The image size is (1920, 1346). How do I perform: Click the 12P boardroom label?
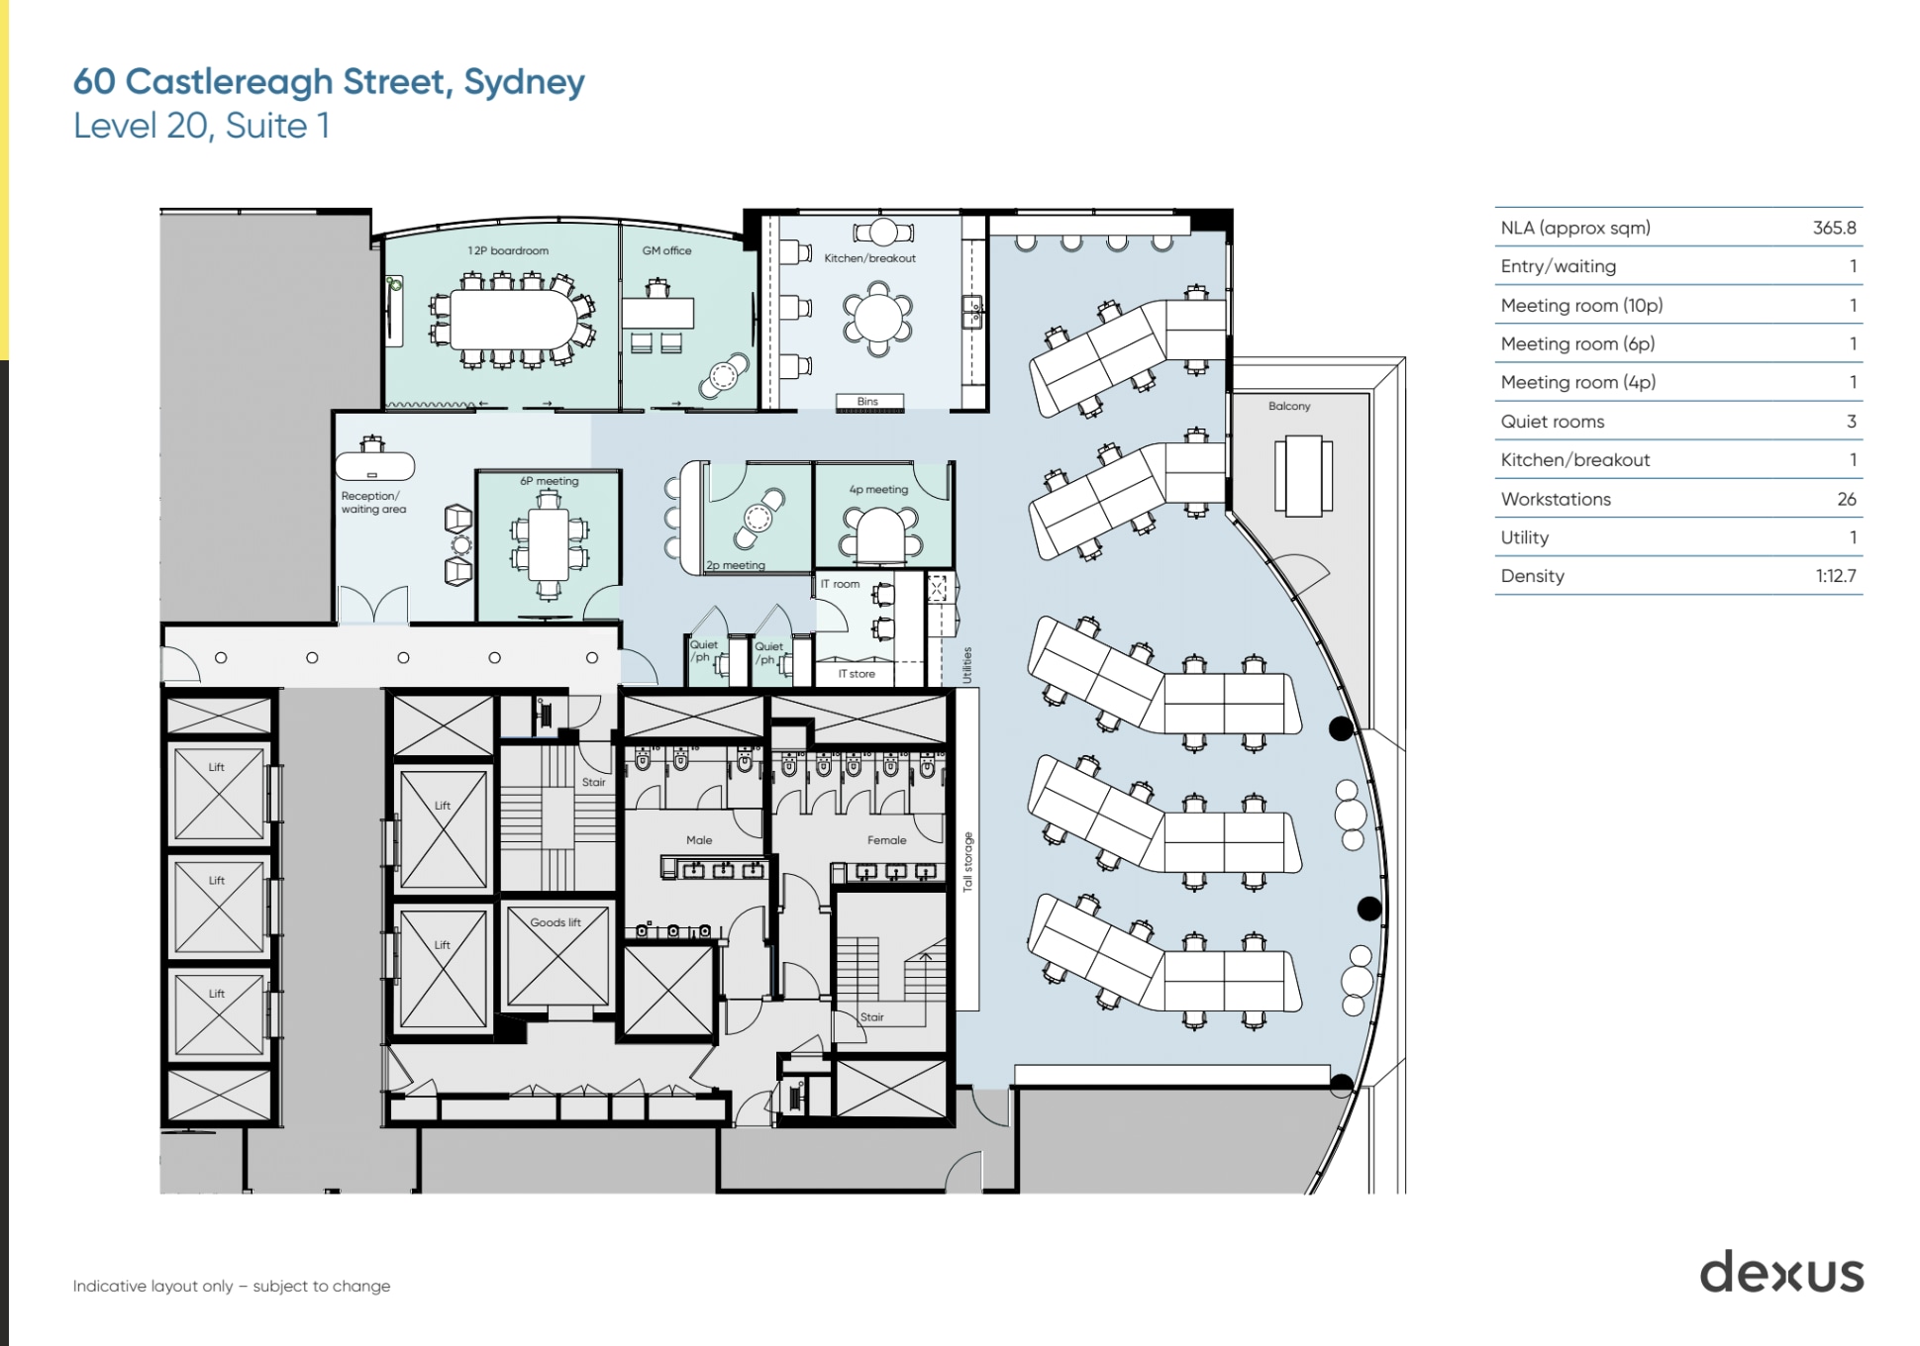pyautogui.click(x=507, y=250)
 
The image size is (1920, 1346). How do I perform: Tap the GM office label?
pyautogui.click(x=666, y=250)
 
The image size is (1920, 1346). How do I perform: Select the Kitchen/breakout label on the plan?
pyautogui.click(x=869, y=258)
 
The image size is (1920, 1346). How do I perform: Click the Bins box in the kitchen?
pyautogui.click(x=867, y=402)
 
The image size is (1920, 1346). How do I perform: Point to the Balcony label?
pyautogui.click(x=1288, y=406)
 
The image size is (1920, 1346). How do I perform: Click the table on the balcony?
pyautogui.click(x=1302, y=476)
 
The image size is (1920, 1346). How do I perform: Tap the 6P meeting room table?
pyautogui.click(x=548, y=544)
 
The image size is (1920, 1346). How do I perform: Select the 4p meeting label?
pyautogui.click(x=877, y=489)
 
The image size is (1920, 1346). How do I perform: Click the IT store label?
pyautogui.click(x=857, y=674)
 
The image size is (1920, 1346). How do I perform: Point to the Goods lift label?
pyautogui.click(x=555, y=922)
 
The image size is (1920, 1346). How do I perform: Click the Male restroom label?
pyautogui.click(x=699, y=840)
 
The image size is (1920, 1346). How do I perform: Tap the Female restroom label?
pyautogui.click(x=886, y=840)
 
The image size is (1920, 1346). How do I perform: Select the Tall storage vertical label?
pyautogui.click(x=968, y=861)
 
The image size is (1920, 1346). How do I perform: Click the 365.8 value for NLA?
pyautogui.click(x=1834, y=228)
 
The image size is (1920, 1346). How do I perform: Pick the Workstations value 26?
pyautogui.click(x=1846, y=499)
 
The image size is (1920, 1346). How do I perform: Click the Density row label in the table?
pyautogui.click(x=1532, y=576)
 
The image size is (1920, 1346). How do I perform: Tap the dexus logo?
pyautogui.click(x=1781, y=1272)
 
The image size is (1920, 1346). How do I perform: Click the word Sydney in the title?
pyautogui.click(x=524, y=82)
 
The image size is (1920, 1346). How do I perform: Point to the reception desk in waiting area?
pyautogui.click(x=374, y=466)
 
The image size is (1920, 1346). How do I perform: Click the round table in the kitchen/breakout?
pyautogui.click(x=877, y=318)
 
